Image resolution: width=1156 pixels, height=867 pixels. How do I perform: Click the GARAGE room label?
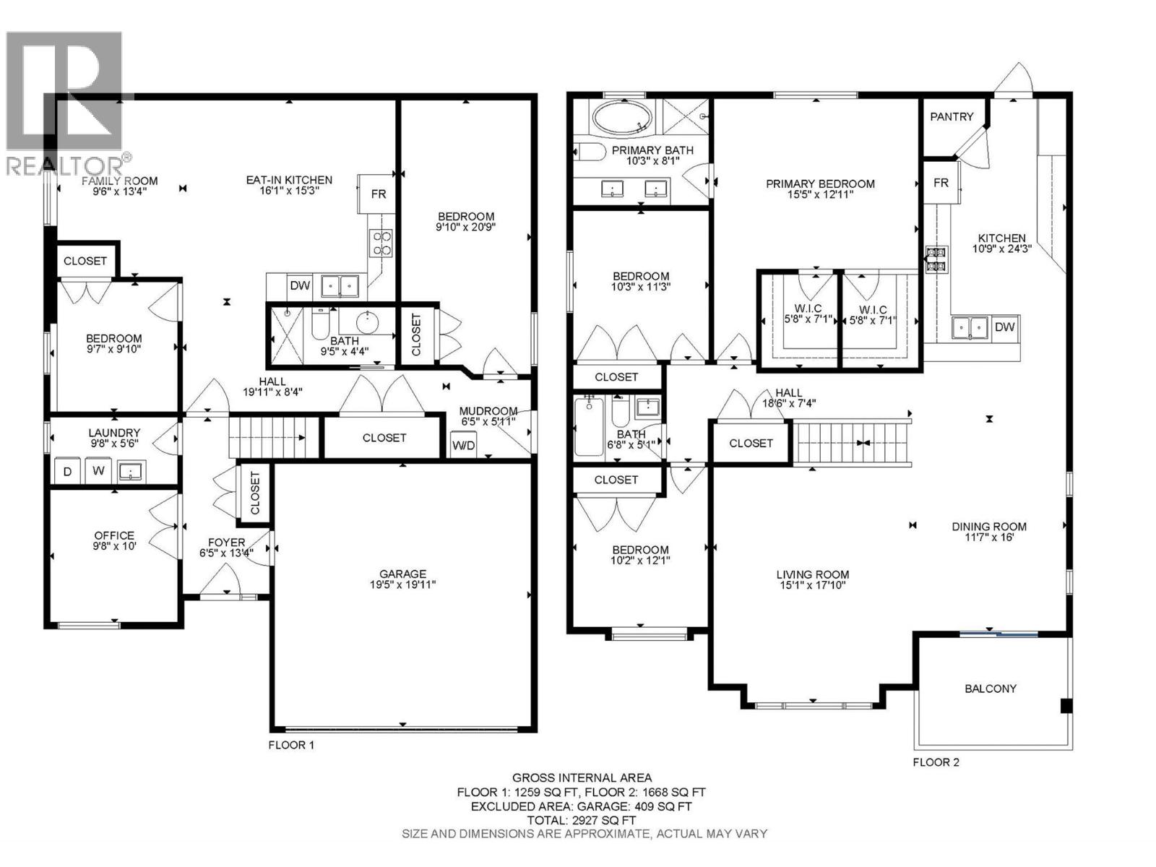[402, 574]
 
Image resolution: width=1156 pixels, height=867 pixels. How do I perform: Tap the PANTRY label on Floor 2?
[951, 116]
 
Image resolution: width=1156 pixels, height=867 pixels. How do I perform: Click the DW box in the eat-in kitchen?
[300, 285]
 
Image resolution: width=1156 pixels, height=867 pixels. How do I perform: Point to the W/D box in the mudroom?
[463, 445]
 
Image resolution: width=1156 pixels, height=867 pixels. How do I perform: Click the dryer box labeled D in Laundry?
[68, 472]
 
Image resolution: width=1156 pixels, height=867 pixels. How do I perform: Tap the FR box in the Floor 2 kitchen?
[940, 183]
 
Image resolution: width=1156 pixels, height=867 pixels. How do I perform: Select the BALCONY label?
[990, 689]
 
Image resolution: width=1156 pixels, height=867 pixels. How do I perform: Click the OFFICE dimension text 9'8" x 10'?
[114, 546]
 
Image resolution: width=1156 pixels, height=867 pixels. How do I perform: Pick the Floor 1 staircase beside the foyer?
[272, 437]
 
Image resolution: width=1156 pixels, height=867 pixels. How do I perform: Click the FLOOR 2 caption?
[936, 762]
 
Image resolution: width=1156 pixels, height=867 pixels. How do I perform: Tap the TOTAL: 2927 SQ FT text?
[582, 820]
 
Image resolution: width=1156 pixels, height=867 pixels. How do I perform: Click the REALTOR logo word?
[65, 166]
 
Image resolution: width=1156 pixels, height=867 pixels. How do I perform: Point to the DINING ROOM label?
[988, 527]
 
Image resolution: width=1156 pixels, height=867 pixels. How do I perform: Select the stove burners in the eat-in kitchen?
[381, 243]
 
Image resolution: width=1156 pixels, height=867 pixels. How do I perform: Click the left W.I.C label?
[807, 309]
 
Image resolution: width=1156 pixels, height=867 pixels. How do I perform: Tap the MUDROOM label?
[488, 410]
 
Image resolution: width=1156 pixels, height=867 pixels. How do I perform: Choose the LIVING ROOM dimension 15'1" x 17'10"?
[812, 585]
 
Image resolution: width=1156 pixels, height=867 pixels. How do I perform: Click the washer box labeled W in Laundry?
[98, 472]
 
